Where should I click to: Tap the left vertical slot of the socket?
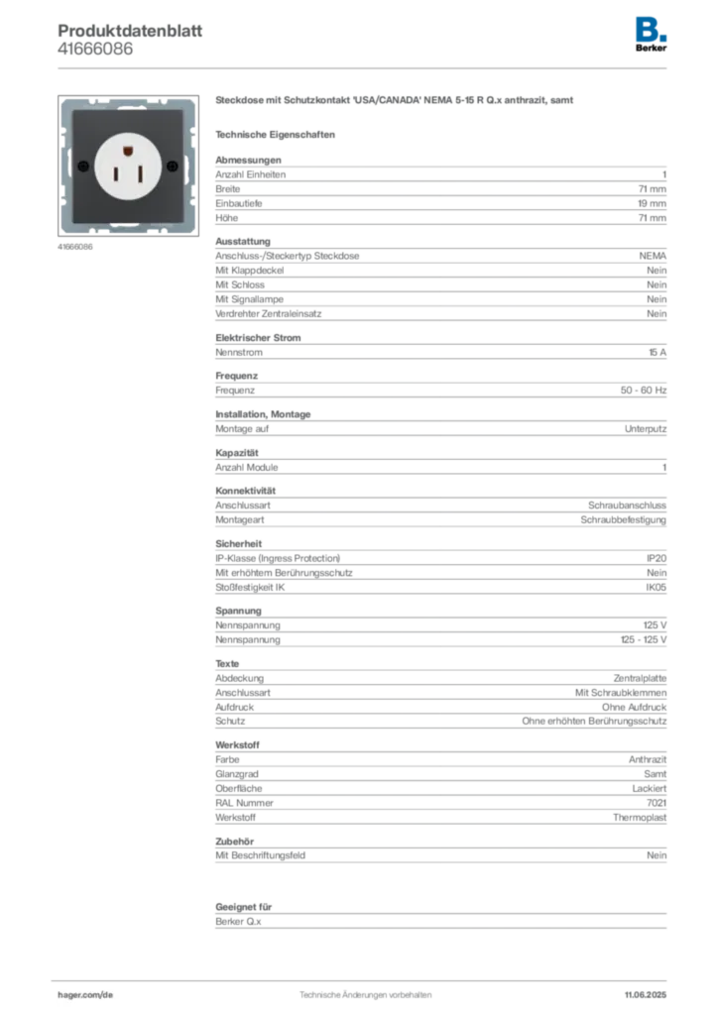pyautogui.click(x=115, y=172)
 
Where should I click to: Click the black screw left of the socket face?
pyautogui.click(x=83, y=165)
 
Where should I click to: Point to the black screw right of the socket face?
pyautogui.click(x=173, y=165)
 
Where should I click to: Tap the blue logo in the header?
pyautogui.click(x=652, y=28)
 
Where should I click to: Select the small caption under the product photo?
pyautogui.click(x=75, y=247)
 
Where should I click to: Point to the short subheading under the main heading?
pyautogui.click(x=278, y=134)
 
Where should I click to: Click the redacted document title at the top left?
pyautogui.click(x=130, y=31)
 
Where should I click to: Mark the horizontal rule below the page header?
pyautogui.click(x=365, y=67)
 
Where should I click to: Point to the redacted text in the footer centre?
pyautogui.click(x=366, y=990)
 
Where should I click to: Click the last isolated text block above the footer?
pyautogui.click(x=439, y=918)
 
